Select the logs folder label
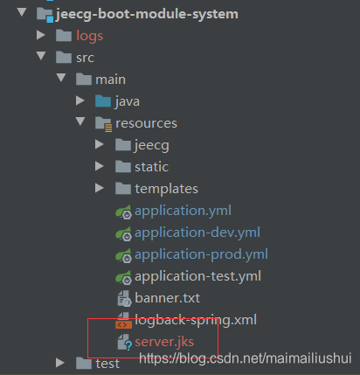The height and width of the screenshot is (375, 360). pyautogui.click(x=89, y=35)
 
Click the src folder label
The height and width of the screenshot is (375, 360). pyautogui.click(x=86, y=57)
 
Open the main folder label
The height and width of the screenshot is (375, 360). pyautogui.click(x=110, y=79)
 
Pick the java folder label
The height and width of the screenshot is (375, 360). pyautogui.click(x=128, y=101)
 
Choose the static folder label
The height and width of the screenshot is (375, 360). pyautogui.click(x=151, y=166)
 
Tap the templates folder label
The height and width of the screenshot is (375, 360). pyautogui.click(x=166, y=188)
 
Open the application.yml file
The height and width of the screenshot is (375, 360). pyautogui.click(x=182, y=210)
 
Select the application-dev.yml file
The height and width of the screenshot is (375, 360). pyautogui.click(x=197, y=232)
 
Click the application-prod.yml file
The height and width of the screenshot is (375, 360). pyautogui.click(x=201, y=253)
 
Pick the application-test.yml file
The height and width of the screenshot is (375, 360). pyautogui.click(x=198, y=275)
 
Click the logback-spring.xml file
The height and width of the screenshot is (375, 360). pyautogui.click(x=194, y=319)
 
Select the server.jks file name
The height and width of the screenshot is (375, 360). pyautogui.click(x=164, y=341)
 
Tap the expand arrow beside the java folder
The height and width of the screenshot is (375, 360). pyautogui.click(x=80, y=101)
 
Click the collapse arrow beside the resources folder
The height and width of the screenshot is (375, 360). pyautogui.click(x=80, y=122)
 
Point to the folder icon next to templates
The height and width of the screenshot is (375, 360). pyautogui.click(x=122, y=188)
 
